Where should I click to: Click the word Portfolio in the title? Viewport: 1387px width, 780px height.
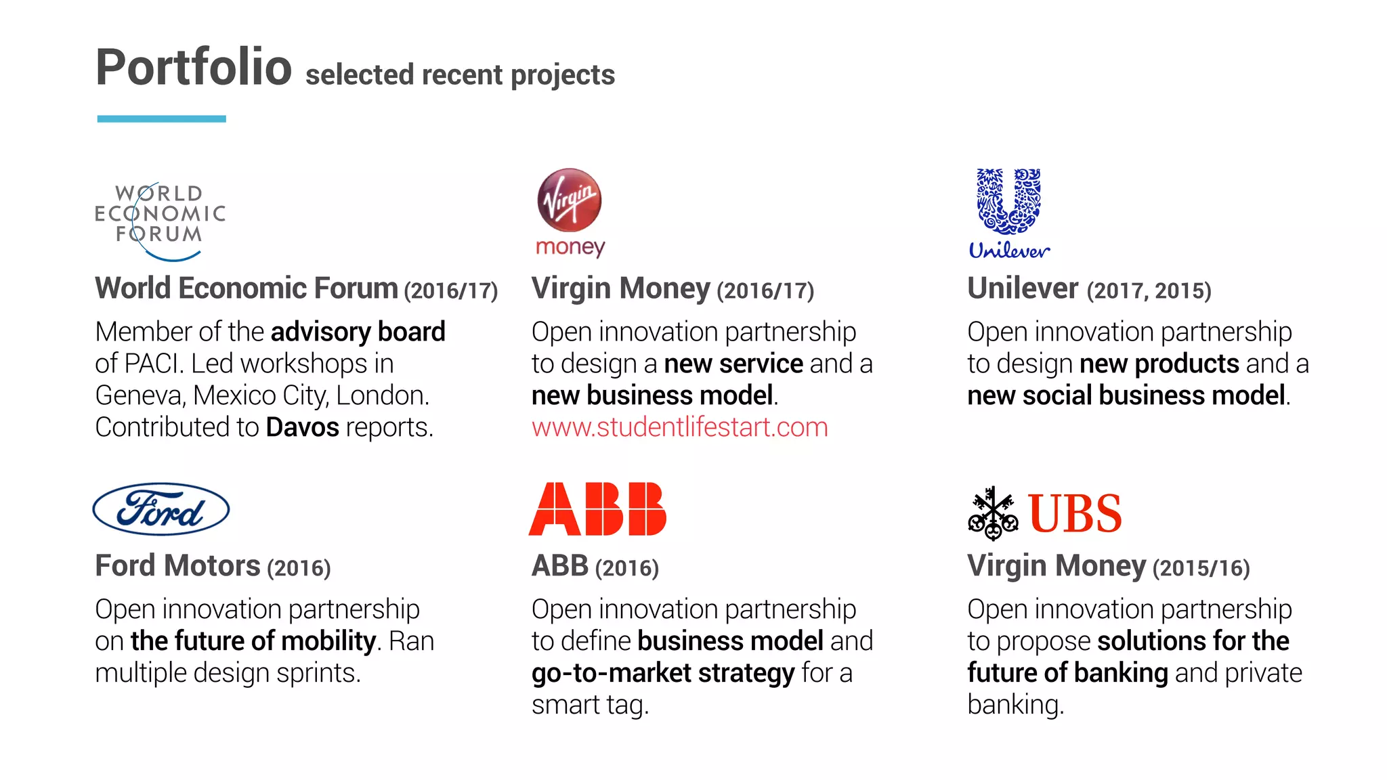click(193, 68)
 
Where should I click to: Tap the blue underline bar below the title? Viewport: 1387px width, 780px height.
click(161, 119)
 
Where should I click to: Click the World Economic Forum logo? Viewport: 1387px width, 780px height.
click(160, 221)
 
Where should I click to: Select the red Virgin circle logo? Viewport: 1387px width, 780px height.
click(569, 200)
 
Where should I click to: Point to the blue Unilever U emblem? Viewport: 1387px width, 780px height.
click(1008, 201)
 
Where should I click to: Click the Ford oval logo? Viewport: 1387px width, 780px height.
click(161, 509)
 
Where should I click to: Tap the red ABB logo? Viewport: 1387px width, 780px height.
click(597, 509)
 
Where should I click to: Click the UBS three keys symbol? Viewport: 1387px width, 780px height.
click(993, 513)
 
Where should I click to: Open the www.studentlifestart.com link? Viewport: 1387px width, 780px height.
click(679, 427)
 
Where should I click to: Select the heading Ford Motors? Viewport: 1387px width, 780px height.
click(177, 566)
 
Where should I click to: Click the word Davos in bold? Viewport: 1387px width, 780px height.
click(302, 427)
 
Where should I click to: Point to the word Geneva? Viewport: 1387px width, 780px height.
click(140, 395)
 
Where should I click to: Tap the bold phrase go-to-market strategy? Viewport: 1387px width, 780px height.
click(663, 673)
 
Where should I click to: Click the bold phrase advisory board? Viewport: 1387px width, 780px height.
click(358, 332)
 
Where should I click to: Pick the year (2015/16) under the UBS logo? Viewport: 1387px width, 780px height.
click(1201, 568)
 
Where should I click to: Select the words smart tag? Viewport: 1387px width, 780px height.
click(589, 705)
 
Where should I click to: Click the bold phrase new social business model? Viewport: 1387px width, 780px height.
click(1126, 395)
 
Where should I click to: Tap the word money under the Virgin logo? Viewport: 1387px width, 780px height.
click(570, 247)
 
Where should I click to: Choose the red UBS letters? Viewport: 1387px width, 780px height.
click(1074, 513)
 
